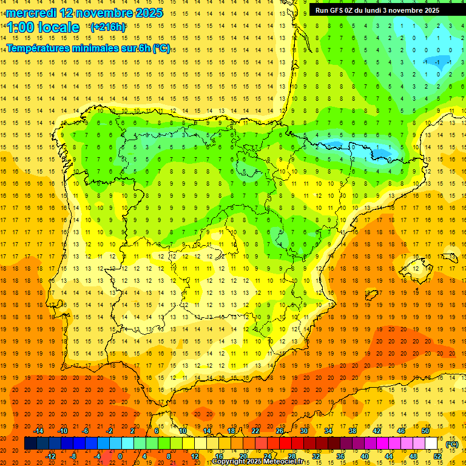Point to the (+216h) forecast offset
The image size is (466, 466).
coord(107,27)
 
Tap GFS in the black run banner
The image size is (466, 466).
coord(342,10)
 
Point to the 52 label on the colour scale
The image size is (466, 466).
coord(437,456)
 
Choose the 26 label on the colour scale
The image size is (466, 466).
coord(280,431)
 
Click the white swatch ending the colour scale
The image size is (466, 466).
coord(431,444)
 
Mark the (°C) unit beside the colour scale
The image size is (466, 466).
coord(452,444)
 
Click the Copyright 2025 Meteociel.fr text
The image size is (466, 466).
coord(257,462)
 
